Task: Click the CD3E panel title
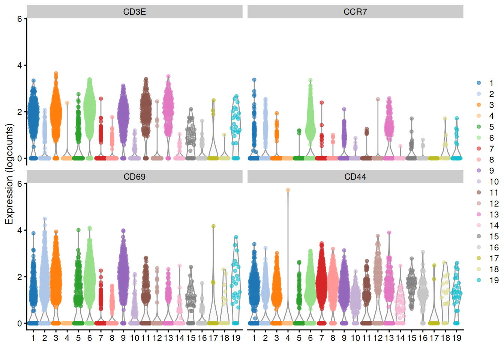134,12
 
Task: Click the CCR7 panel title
355,12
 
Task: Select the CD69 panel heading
134,177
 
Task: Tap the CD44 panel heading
355,177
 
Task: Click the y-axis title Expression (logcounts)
9,174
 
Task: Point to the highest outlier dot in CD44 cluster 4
288,190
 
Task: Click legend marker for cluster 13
479,214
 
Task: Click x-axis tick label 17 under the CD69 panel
213,338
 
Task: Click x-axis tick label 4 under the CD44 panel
288,338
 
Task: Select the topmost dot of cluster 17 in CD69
213,226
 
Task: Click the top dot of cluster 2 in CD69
45,219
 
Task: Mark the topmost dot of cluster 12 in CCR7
378,99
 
